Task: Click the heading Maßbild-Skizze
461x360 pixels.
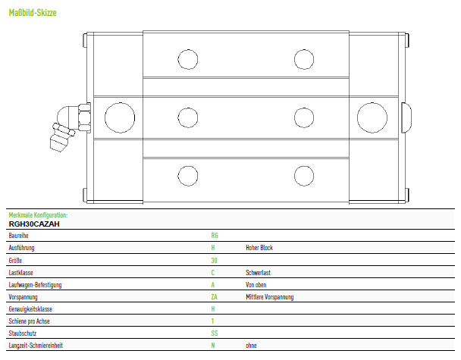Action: tap(33, 13)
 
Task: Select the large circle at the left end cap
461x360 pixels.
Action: tap(120, 117)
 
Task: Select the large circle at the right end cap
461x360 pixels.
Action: tap(372, 117)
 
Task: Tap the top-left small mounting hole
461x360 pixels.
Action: tap(188, 59)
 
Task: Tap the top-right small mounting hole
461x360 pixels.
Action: tap(304, 59)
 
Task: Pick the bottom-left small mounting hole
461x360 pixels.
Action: tap(188, 176)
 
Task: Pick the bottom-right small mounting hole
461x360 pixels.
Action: tap(304, 176)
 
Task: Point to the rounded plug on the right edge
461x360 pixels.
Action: tap(406, 117)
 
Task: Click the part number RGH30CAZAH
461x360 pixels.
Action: tap(34, 224)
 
